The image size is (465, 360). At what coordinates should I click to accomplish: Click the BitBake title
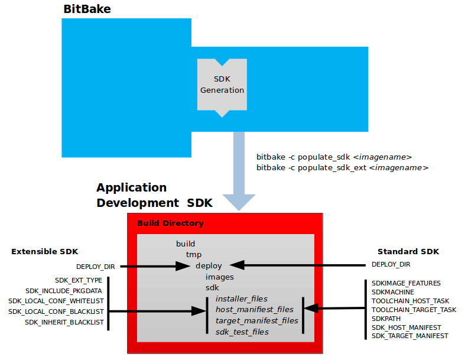tap(88, 9)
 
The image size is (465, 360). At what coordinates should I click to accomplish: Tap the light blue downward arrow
tap(239, 171)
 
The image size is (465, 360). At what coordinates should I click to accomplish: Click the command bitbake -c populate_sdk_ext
tap(342, 168)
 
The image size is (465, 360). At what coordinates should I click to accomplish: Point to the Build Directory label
tap(170, 223)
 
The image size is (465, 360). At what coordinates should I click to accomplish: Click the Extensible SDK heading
tap(44, 252)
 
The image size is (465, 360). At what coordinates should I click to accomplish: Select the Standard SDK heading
tap(408, 252)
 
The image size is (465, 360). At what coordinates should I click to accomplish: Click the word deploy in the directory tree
tap(209, 265)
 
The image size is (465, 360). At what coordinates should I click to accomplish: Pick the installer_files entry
tap(242, 299)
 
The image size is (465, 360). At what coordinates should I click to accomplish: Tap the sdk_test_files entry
tap(242, 332)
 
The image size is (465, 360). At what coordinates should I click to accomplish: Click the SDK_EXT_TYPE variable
tap(79, 280)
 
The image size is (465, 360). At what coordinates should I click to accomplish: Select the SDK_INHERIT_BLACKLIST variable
tap(64, 322)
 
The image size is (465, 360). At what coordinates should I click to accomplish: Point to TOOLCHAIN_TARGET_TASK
tap(414, 310)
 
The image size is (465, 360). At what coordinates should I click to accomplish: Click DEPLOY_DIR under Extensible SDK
tap(95, 267)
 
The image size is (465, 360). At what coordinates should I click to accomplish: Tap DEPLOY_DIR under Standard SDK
tap(391, 264)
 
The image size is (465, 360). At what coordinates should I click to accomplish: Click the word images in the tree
tap(219, 277)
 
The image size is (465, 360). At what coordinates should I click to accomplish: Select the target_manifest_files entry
tap(257, 320)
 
